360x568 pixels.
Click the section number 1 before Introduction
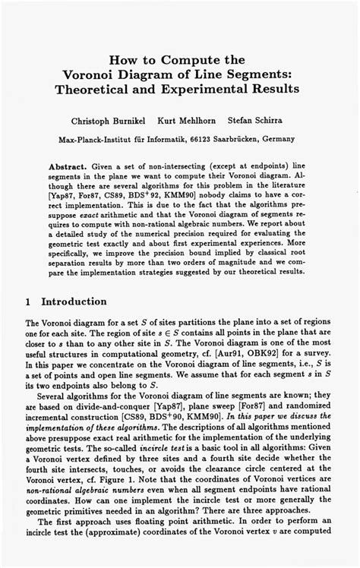28,301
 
